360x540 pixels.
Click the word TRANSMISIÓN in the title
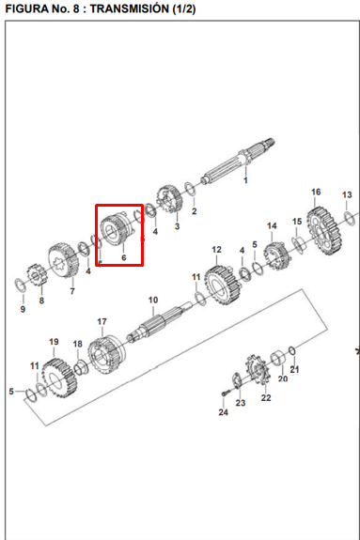(x=130, y=8)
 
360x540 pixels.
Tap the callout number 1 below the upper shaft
(x=245, y=180)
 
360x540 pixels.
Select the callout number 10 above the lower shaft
(x=153, y=301)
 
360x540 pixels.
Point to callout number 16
(x=316, y=193)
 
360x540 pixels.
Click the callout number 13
(x=347, y=195)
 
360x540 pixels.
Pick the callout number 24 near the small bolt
(x=223, y=412)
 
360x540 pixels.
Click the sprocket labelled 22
(x=257, y=371)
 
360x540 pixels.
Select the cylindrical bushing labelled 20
(x=278, y=359)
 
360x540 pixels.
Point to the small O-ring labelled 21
(x=291, y=350)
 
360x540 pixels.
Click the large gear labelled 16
(x=324, y=231)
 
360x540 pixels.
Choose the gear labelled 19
(x=59, y=378)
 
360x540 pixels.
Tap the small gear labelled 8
(x=38, y=275)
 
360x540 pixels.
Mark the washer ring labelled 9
(x=21, y=285)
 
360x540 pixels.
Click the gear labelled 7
(x=64, y=261)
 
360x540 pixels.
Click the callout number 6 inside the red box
(x=124, y=257)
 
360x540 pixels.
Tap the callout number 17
(x=102, y=322)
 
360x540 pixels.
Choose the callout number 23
(x=241, y=402)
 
